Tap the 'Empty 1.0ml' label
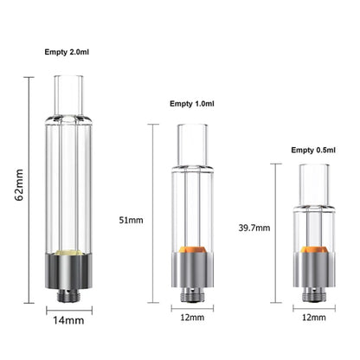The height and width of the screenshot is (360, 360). tap(196, 106)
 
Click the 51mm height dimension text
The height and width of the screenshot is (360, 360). tap(131, 220)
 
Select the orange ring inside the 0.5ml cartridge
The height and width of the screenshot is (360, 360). tap(314, 257)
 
